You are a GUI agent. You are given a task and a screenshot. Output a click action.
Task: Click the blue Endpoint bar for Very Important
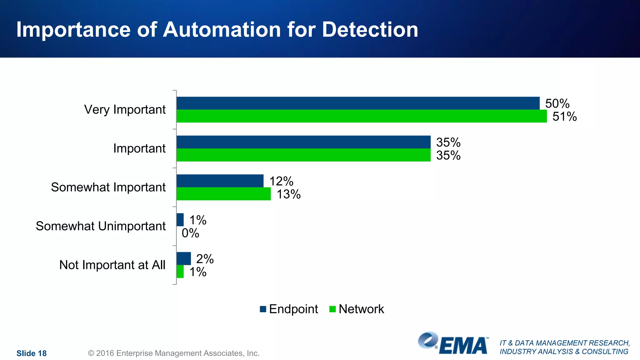pyautogui.click(x=358, y=103)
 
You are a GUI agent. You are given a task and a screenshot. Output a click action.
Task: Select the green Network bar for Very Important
pyautogui.click(x=362, y=116)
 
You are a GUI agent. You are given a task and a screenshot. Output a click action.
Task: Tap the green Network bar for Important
pyautogui.click(x=303, y=155)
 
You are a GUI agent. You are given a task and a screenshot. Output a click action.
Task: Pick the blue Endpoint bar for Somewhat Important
pyautogui.click(x=220, y=181)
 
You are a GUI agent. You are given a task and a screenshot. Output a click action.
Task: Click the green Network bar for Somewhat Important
pyautogui.click(x=223, y=194)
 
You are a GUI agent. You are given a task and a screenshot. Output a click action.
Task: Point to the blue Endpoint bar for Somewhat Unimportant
pyautogui.click(x=180, y=220)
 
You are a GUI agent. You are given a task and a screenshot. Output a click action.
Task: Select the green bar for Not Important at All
pyautogui.click(x=180, y=272)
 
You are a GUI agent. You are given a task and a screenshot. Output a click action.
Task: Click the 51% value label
pyautogui.click(x=564, y=117)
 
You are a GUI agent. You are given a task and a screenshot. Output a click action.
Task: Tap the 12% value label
pyautogui.click(x=281, y=181)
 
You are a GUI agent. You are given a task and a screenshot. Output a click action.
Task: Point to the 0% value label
pyautogui.click(x=190, y=233)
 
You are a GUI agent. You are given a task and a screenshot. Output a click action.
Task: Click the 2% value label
pyautogui.click(x=205, y=259)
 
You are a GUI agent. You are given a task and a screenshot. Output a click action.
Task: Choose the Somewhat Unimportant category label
pyautogui.click(x=101, y=226)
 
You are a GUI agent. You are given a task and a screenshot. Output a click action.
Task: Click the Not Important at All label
pyautogui.click(x=112, y=265)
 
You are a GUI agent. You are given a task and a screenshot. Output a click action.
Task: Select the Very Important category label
pyautogui.click(x=125, y=110)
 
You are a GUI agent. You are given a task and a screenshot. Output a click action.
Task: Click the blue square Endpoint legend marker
pyautogui.click(x=263, y=309)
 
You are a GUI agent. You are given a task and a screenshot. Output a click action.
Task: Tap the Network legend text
pyautogui.click(x=361, y=309)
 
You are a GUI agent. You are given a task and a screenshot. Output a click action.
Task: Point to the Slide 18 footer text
pyautogui.click(x=32, y=353)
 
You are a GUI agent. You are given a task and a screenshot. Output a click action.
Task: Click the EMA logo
pyautogui.click(x=453, y=343)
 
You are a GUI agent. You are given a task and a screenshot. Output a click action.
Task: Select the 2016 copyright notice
pyautogui.click(x=174, y=353)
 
